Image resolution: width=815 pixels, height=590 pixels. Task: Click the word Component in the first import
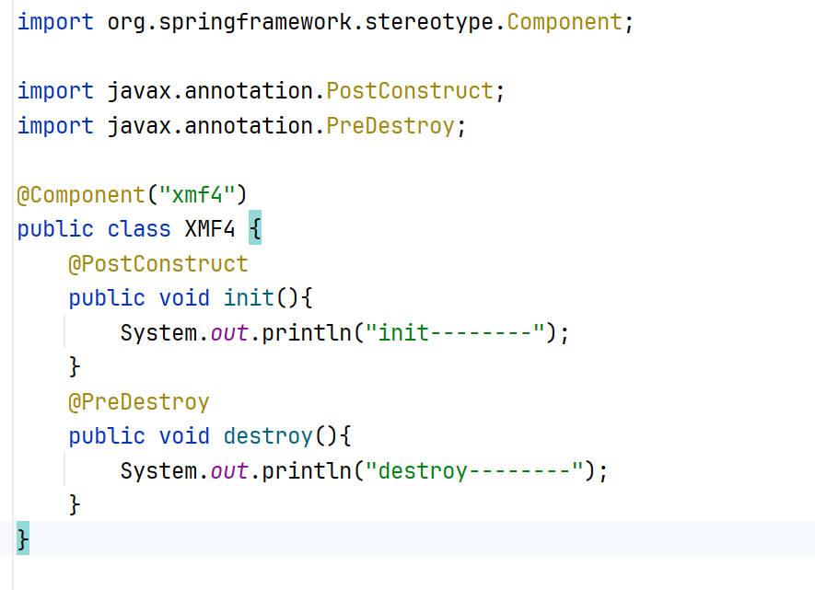tap(565, 21)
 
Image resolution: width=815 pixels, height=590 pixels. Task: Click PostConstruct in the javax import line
tap(410, 91)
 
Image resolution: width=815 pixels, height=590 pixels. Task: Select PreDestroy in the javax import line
tap(390, 126)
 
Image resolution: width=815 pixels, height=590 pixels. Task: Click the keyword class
tap(139, 229)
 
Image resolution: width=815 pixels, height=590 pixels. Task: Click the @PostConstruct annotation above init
tap(158, 264)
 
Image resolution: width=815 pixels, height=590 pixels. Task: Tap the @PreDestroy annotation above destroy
tap(139, 402)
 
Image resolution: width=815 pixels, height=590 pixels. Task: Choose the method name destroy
tap(267, 436)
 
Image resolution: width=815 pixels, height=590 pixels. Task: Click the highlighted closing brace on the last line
tap(23, 538)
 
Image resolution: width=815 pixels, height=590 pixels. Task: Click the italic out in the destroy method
tap(229, 471)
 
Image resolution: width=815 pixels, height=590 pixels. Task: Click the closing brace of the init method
tap(76, 367)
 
